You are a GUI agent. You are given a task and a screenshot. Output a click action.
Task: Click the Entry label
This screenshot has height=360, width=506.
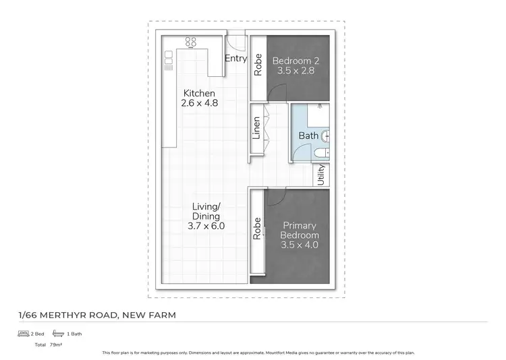pyautogui.click(x=235, y=59)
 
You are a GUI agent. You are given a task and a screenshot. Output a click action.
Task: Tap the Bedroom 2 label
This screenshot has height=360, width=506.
pyautogui.click(x=296, y=61)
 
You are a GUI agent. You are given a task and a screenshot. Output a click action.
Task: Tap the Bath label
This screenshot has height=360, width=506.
pyautogui.click(x=308, y=136)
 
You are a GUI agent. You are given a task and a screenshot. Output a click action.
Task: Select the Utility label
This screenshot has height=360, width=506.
pyautogui.click(x=321, y=175)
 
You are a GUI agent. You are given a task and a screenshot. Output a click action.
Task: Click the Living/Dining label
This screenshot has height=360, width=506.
pyautogui.click(x=206, y=211)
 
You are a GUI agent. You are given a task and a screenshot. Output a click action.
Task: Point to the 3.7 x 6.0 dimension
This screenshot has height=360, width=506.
pyautogui.click(x=206, y=226)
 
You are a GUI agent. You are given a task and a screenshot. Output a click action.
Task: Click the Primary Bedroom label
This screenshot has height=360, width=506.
pyautogui.click(x=300, y=231)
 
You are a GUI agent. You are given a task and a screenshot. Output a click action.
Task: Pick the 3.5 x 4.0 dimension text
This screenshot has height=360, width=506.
pyautogui.click(x=300, y=245)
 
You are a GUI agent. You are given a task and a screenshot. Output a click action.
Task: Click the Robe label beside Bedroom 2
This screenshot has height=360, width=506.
pyautogui.click(x=258, y=64)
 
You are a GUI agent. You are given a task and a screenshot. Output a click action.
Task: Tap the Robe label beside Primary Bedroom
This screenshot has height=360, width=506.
pyautogui.click(x=257, y=229)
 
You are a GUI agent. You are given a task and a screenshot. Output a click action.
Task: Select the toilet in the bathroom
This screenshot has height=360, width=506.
pyautogui.click(x=318, y=154)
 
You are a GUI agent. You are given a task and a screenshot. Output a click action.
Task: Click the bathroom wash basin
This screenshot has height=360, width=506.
pyautogui.click(x=327, y=136)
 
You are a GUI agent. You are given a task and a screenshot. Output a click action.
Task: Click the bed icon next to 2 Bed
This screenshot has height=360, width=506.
pyautogui.click(x=24, y=333)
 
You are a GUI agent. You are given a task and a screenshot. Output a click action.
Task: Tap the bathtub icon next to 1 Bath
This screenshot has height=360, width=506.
pyautogui.click(x=58, y=333)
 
